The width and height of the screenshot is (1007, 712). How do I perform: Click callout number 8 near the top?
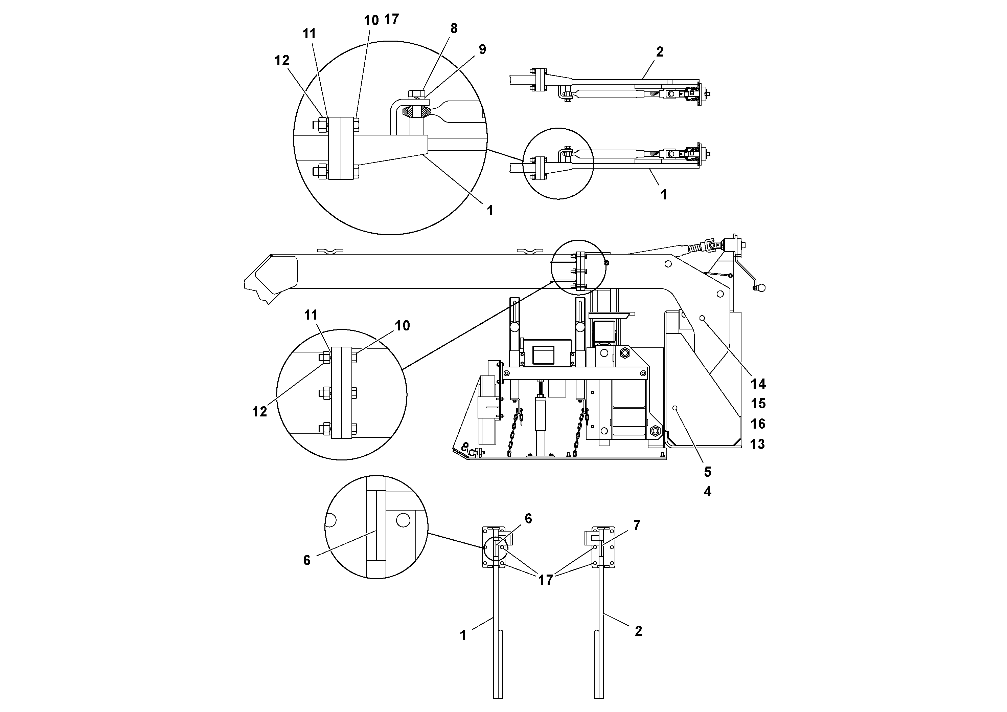(454, 28)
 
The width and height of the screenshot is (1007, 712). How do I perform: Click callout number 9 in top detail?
(482, 50)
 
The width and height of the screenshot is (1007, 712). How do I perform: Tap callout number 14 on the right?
(758, 384)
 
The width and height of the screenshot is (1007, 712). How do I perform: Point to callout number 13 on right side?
(757, 444)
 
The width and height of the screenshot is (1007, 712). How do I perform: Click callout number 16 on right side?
(758, 424)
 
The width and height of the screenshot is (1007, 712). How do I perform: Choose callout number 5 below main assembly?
(707, 472)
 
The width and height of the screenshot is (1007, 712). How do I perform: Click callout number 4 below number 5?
(707, 492)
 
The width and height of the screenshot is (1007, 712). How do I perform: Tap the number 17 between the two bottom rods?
(546, 580)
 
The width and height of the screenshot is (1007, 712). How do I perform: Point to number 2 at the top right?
(660, 52)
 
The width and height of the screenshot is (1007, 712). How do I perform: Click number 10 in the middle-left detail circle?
(402, 326)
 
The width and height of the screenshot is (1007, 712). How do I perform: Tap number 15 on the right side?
(758, 404)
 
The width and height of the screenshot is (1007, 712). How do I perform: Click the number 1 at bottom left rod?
(463, 635)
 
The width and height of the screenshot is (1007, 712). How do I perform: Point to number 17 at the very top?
(391, 19)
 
